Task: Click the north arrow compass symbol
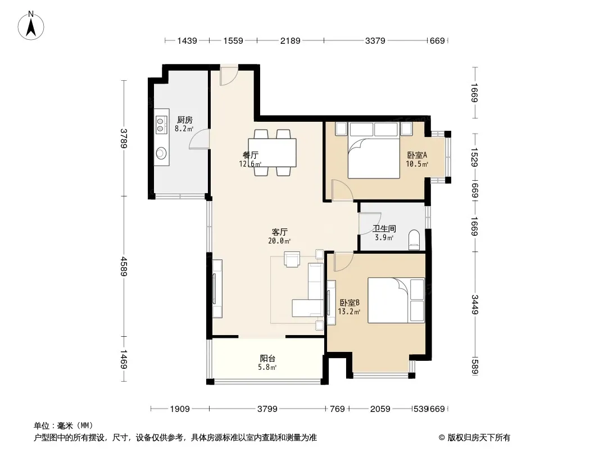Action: [x=31, y=26]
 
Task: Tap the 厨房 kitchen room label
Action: [x=184, y=120]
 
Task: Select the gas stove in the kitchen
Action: [x=162, y=125]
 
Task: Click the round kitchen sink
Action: [x=161, y=153]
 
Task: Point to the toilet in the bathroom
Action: [x=414, y=240]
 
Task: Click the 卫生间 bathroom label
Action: [x=384, y=229]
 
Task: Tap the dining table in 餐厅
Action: [x=272, y=153]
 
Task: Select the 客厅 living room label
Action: [x=279, y=232]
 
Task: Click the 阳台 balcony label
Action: [x=267, y=359]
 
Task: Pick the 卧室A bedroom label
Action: [x=417, y=155]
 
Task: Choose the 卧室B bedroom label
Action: [x=349, y=303]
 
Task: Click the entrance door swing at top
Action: [x=229, y=75]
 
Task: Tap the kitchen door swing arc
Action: [x=199, y=139]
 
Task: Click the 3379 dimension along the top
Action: [x=375, y=40]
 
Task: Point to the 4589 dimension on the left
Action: [x=124, y=266]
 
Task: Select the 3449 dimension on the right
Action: [x=475, y=304]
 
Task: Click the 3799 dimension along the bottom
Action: [x=267, y=409]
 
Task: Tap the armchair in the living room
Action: [x=292, y=259]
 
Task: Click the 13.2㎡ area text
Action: [x=349, y=311]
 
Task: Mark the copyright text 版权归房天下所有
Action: [x=478, y=438]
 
